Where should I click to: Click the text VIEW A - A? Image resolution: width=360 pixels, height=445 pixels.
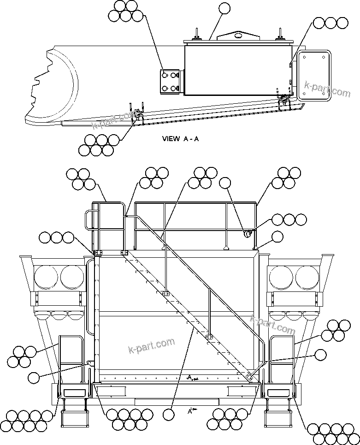(180, 138)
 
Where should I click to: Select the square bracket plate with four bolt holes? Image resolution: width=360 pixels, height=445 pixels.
(170, 81)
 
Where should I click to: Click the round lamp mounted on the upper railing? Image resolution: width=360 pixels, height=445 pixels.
(248, 234)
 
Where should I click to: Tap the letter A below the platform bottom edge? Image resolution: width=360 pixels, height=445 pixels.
(190, 411)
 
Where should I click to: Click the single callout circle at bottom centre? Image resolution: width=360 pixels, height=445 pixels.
(169, 415)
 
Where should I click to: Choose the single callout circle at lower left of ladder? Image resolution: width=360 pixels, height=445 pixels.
(34, 378)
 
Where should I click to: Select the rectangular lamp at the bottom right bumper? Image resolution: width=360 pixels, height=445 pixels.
(277, 393)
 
